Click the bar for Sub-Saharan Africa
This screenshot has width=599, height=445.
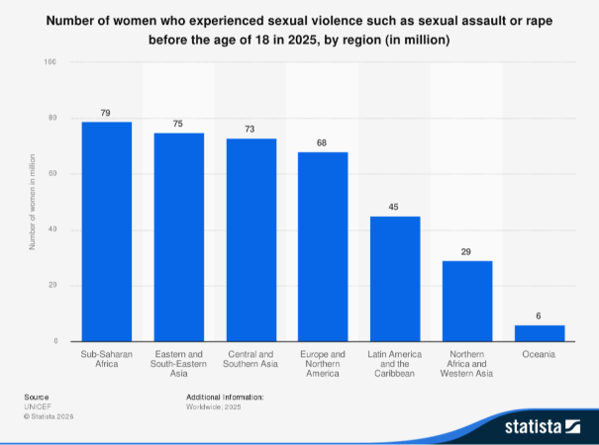pos(106,231)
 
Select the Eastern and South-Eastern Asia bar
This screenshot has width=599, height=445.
pos(178,237)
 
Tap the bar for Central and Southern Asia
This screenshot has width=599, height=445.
pos(251,240)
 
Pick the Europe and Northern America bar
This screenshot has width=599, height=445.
pos(323,247)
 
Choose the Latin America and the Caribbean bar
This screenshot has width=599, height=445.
pos(395,279)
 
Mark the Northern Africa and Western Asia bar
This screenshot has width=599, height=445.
pos(467,302)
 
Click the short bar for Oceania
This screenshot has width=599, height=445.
pos(540,333)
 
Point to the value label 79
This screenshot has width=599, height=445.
pos(106,112)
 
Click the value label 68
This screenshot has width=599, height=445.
pos(323,142)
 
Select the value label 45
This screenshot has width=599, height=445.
pos(395,207)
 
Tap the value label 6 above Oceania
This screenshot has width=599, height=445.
pos(540,315)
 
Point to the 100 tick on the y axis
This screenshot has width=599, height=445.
pos(50,62)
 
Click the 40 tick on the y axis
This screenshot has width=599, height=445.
pos(52,229)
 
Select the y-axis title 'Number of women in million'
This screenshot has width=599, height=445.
pos(33,202)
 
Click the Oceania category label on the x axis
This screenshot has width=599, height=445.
pos(540,354)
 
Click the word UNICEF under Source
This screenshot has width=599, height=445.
pos(37,406)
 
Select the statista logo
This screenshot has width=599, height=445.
pos(546,427)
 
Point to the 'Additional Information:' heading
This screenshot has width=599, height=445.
pos(225,397)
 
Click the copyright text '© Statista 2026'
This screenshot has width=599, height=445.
pos(49,416)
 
